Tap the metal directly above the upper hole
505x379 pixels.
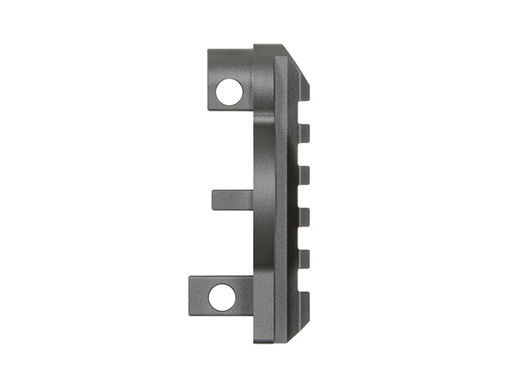click(231, 63)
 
